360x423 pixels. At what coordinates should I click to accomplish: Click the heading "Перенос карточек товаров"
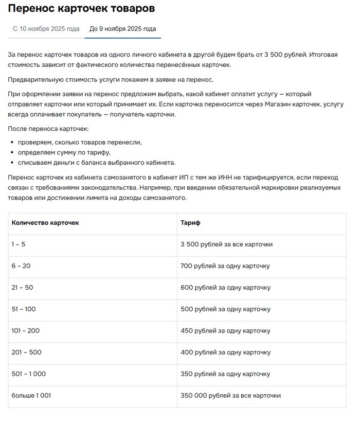point(82,9)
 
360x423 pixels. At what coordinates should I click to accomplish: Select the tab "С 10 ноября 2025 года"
point(46,29)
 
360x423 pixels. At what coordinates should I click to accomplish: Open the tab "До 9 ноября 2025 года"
point(123,29)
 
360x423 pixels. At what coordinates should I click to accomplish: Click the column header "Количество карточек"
point(45,223)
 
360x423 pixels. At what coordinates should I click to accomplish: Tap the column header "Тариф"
point(190,223)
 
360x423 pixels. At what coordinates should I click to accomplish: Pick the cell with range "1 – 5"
point(19,244)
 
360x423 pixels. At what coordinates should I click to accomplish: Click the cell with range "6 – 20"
point(21,266)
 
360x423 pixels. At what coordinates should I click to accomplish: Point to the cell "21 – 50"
point(22,288)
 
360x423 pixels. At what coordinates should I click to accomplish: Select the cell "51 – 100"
point(24,309)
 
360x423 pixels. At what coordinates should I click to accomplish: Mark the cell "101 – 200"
point(26,331)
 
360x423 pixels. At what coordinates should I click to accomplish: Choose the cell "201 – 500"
point(26,352)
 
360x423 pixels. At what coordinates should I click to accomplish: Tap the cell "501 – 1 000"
point(29,374)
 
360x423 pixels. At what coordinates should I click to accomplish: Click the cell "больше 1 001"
point(31,396)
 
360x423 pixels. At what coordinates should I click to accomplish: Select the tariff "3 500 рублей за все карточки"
point(226,244)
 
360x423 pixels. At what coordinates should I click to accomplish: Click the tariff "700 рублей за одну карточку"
point(225,266)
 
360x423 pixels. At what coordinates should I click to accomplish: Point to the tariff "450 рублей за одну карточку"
point(225,331)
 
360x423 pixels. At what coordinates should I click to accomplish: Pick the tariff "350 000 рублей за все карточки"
point(230,396)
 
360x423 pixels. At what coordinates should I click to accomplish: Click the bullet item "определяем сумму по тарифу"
point(64,153)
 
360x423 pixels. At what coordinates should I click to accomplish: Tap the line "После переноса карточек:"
point(49,128)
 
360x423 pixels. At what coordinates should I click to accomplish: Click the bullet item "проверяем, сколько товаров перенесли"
point(80,142)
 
